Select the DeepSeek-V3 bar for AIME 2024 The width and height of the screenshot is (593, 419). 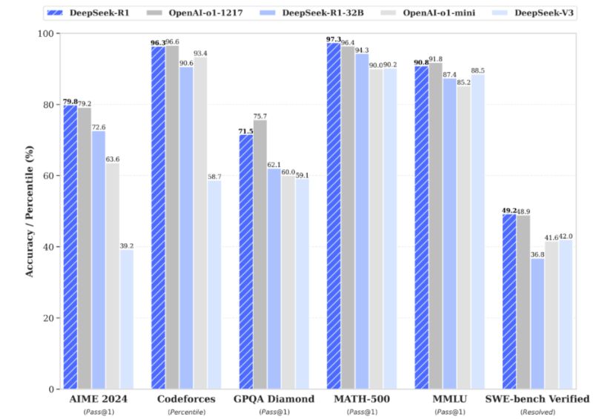(x=127, y=319)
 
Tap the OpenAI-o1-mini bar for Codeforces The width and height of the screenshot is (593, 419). (x=201, y=222)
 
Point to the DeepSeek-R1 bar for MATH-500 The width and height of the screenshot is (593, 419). (x=333, y=216)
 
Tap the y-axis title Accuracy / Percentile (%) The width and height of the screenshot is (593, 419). (x=30, y=211)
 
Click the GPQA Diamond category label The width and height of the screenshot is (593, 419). (x=273, y=399)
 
